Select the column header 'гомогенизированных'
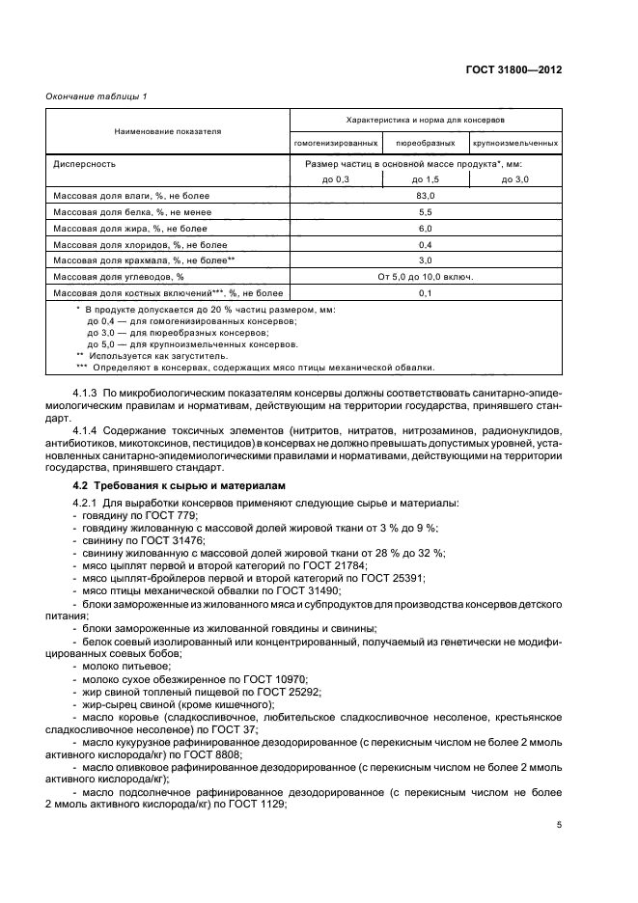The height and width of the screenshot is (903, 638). click(x=336, y=143)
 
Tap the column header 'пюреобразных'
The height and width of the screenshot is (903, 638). click(x=426, y=143)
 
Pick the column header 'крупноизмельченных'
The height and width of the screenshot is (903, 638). click(x=515, y=143)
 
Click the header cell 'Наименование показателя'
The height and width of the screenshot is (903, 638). click(x=168, y=131)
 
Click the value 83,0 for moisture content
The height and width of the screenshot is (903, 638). click(x=426, y=196)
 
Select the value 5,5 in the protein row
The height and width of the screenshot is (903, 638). click(x=426, y=211)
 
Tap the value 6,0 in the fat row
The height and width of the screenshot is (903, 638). click(x=426, y=228)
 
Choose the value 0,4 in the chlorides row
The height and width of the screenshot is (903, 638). click(x=426, y=244)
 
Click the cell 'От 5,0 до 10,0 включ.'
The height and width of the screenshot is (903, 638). click(x=426, y=276)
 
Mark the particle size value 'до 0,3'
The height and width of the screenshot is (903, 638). click(x=335, y=179)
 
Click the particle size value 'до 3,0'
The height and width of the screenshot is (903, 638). click(x=515, y=179)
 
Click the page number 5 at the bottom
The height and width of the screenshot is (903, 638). click(x=559, y=825)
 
